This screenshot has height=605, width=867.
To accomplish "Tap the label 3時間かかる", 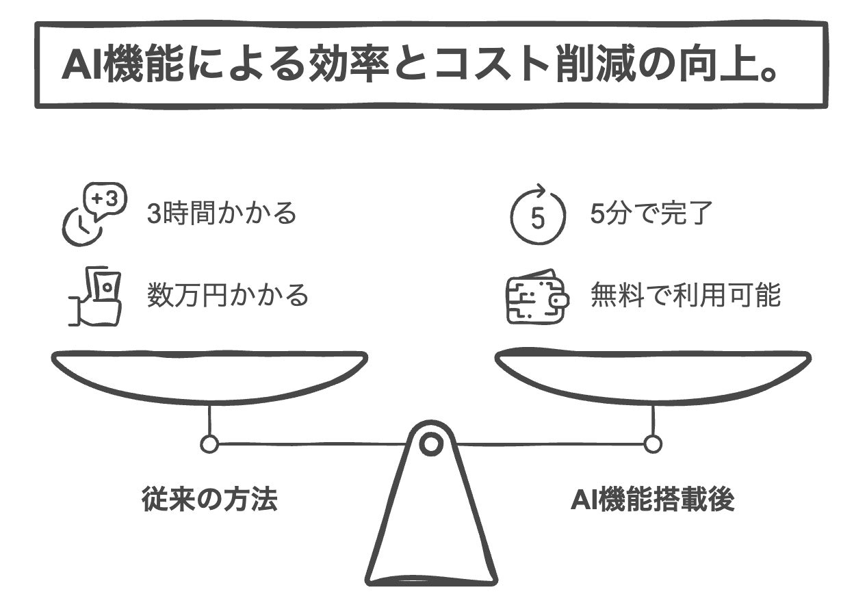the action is point(222,214).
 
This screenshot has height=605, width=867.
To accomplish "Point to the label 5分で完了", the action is point(651,214).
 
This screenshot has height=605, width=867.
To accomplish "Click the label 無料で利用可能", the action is point(685,296).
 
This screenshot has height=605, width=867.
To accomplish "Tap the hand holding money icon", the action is point(96,296).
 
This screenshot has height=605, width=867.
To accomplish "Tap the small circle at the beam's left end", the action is point(209,444).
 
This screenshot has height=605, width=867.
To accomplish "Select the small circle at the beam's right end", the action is point(653,444).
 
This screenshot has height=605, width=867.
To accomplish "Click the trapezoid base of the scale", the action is point(431,527).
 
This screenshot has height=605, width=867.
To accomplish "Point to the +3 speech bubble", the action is point(104,199).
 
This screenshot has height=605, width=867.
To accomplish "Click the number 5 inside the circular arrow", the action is point(539,219).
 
